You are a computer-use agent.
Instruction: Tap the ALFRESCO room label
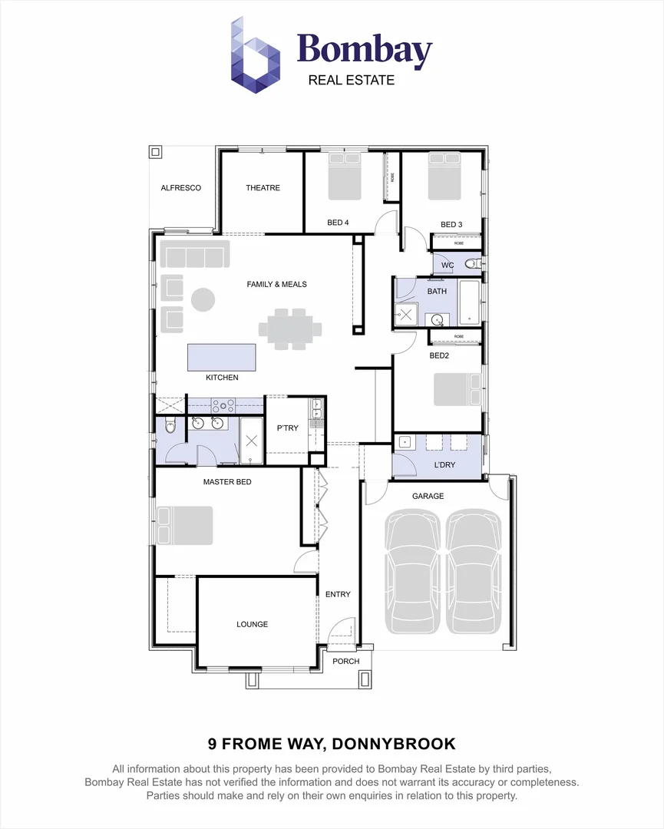pyautogui.click(x=181, y=188)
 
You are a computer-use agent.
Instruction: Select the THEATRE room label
pyautogui.click(x=263, y=188)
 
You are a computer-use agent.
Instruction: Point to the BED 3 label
pyautogui.click(x=451, y=224)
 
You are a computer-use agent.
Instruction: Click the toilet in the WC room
pyautogui.click(x=473, y=265)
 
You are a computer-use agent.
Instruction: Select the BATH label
pyautogui.click(x=437, y=292)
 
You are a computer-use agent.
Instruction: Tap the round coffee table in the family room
pyautogui.click(x=203, y=299)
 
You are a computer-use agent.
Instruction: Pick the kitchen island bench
pyautogui.click(x=222, y=358)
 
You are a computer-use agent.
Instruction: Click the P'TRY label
pyautogui.click(x=287, y=428)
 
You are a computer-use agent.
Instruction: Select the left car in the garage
pyautogui.click(x=412, y=571)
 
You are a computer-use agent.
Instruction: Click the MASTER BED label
pyautogui.click(x=227, y=482)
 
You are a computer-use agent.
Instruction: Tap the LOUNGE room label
pyautogui.click(x=252, y=624)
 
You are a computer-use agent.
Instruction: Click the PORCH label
pyautogui.click(x=346, y=661)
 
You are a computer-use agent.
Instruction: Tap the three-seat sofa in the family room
pyautogui.click(x=195, y=254)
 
